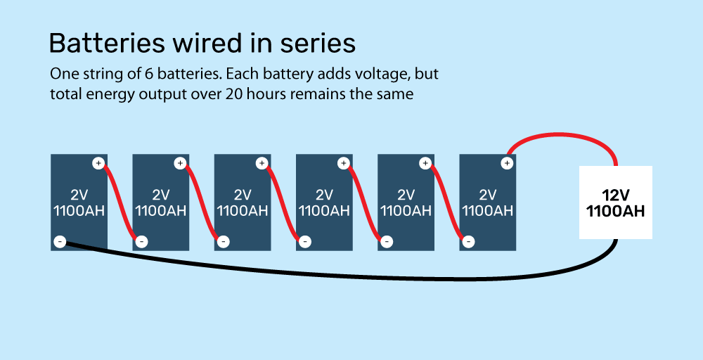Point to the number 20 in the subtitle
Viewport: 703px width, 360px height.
coord(235,94)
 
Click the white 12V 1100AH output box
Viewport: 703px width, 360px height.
coord(615,202)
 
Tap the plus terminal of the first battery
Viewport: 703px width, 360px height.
coord(98,163)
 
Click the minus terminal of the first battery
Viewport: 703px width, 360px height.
coord(60,243)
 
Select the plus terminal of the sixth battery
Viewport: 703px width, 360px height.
coord(506,163)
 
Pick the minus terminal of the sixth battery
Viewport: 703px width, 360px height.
coord(468,243)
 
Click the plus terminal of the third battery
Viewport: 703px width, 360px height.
coord(262,163)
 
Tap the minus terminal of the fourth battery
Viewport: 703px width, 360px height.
coord(305,243)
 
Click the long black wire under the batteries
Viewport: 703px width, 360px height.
coord(351,274)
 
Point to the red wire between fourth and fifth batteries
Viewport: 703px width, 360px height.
coord(365,204)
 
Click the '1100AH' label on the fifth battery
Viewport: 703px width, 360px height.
coord(405,210)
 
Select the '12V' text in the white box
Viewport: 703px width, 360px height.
coord(615,195)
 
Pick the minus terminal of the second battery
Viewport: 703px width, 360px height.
coord(141,243)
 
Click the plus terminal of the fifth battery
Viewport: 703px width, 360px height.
coord(425,163)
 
